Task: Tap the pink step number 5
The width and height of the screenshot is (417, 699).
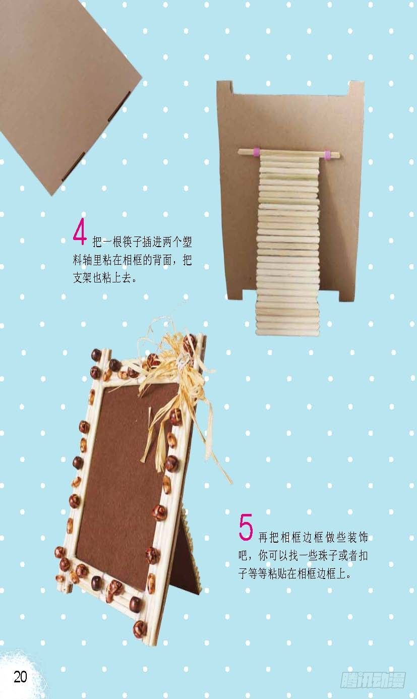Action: tap(246, 527)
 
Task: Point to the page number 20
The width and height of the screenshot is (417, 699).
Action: tap(21, 676)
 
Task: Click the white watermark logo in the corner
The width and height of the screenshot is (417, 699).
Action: tap(373, 679)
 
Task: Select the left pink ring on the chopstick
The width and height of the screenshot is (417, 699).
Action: tap(256, 151)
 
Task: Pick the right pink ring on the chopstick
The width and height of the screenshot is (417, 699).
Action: tap(328, 154)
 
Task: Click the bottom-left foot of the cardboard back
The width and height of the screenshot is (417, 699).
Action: tap(234, 293)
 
